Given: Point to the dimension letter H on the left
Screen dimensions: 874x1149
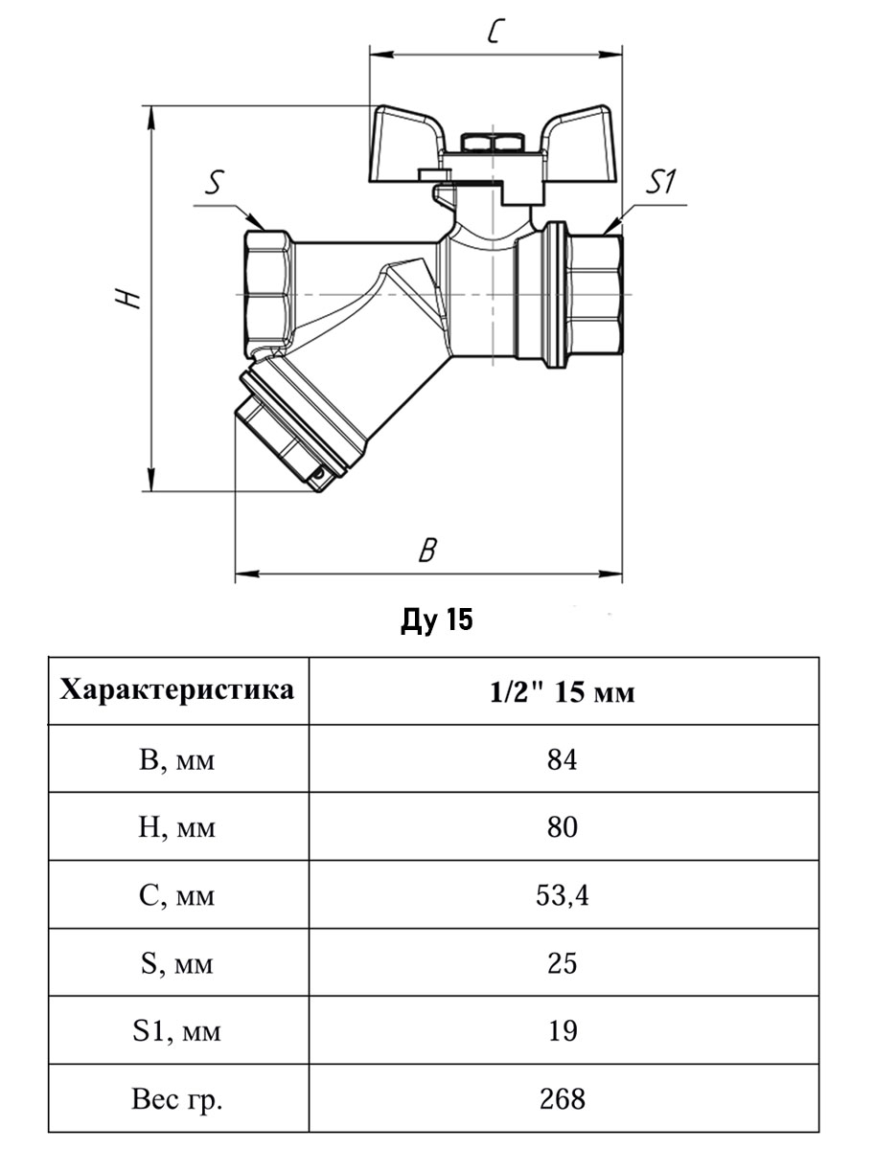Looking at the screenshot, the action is pos(127,299).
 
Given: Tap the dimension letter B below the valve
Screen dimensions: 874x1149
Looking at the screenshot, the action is pos(427,551).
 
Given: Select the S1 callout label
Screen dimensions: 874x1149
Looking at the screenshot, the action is pos(661,181).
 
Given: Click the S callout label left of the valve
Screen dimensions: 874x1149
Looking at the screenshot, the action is pos(214,182).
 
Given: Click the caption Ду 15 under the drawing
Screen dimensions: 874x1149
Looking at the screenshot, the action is pos(437,620).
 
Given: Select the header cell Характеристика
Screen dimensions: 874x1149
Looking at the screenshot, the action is pos(177,689).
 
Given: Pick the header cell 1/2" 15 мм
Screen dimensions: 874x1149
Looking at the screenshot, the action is pos(563,692).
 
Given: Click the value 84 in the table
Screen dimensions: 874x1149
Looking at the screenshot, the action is pos(563,760).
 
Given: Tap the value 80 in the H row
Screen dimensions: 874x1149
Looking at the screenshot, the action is pos(563,827).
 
